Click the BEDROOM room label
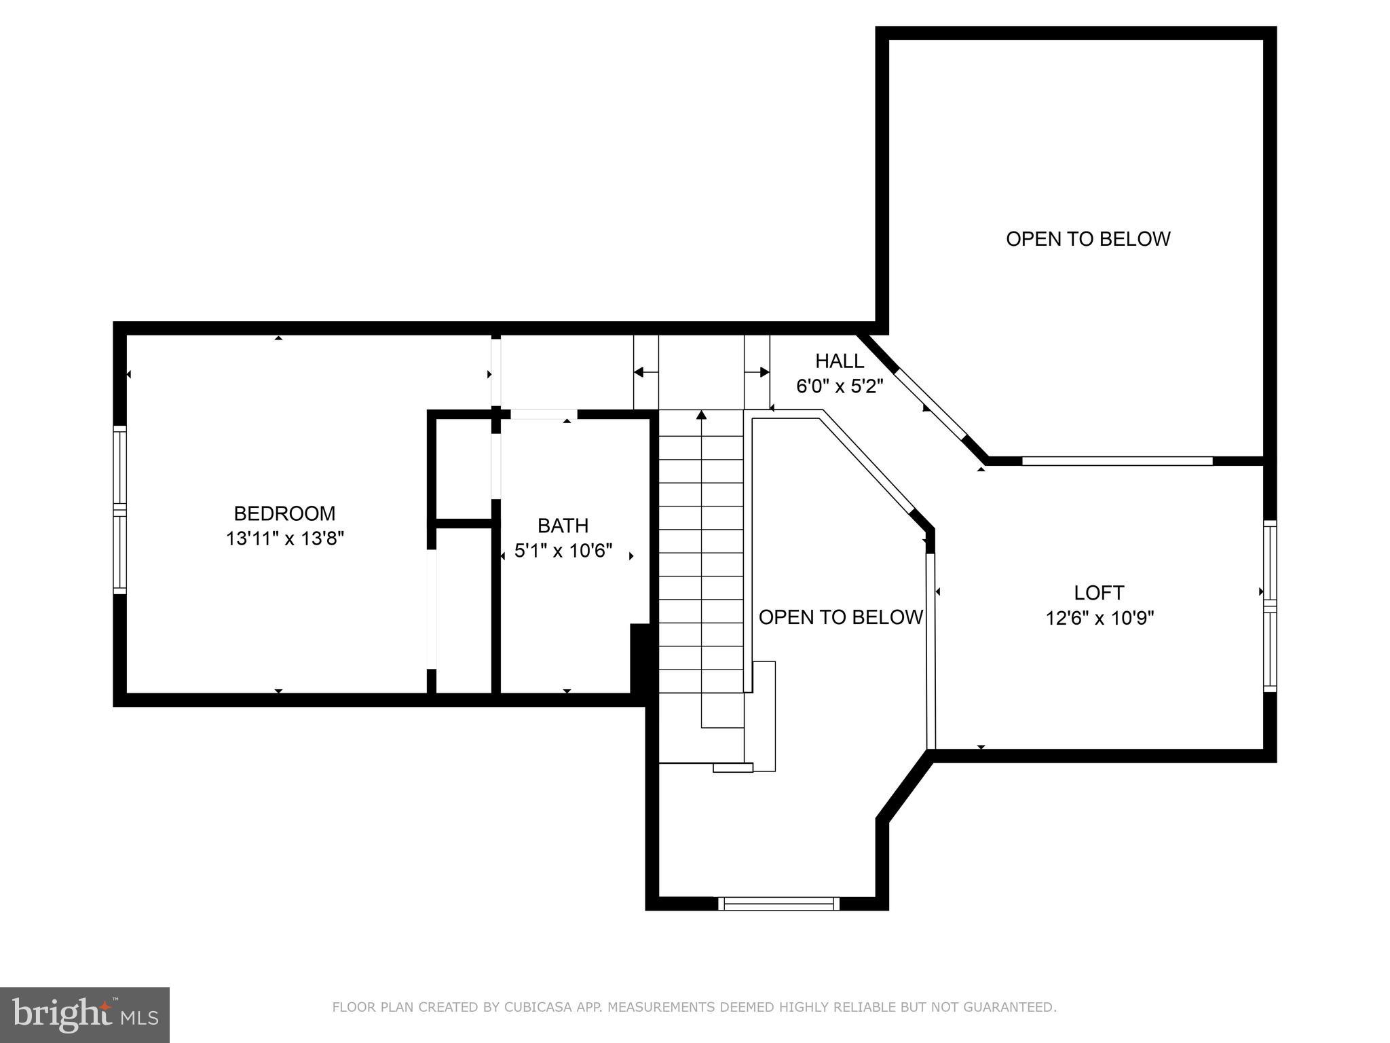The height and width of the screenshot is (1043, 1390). [x=284, y=513]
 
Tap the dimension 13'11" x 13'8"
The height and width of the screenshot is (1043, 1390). [x=285, y=539]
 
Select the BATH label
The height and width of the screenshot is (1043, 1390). [x=563, y=526]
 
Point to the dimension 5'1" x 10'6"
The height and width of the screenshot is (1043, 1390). [x=563, y=551]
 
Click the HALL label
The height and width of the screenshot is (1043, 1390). [x=840, y=361]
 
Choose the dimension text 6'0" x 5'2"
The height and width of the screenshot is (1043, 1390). [x=840, y=386]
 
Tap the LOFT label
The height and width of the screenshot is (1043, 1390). [x=1099, y=593]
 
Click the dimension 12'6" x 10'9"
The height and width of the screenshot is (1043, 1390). [x=1100, y=619]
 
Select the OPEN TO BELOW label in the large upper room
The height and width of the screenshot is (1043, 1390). [x=1088, y=239]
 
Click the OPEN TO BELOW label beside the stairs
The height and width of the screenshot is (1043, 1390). [x=840, y=617]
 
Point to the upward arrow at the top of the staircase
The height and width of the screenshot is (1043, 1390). [x=701, y=414]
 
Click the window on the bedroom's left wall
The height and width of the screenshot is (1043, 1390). [x=119, y=509]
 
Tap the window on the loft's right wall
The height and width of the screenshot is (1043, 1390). [x=1269, y=606]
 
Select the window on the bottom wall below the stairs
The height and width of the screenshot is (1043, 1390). [x=778, y=903]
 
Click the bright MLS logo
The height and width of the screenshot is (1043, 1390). [x=85, y=1015]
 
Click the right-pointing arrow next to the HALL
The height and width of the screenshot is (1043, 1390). [x=764, y=372]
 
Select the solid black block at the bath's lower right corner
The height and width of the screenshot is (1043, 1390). [x=640, y=658]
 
